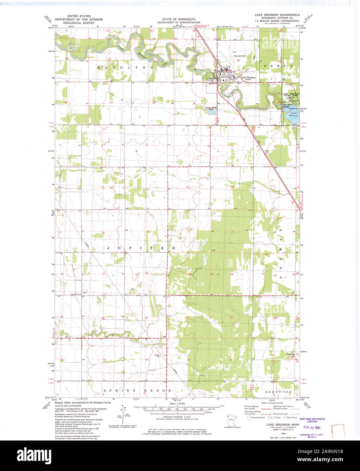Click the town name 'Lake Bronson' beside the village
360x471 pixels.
click(x=248, y=78)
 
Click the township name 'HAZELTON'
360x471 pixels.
click(x=126, y=68)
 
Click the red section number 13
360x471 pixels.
click(x=233, y=232)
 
